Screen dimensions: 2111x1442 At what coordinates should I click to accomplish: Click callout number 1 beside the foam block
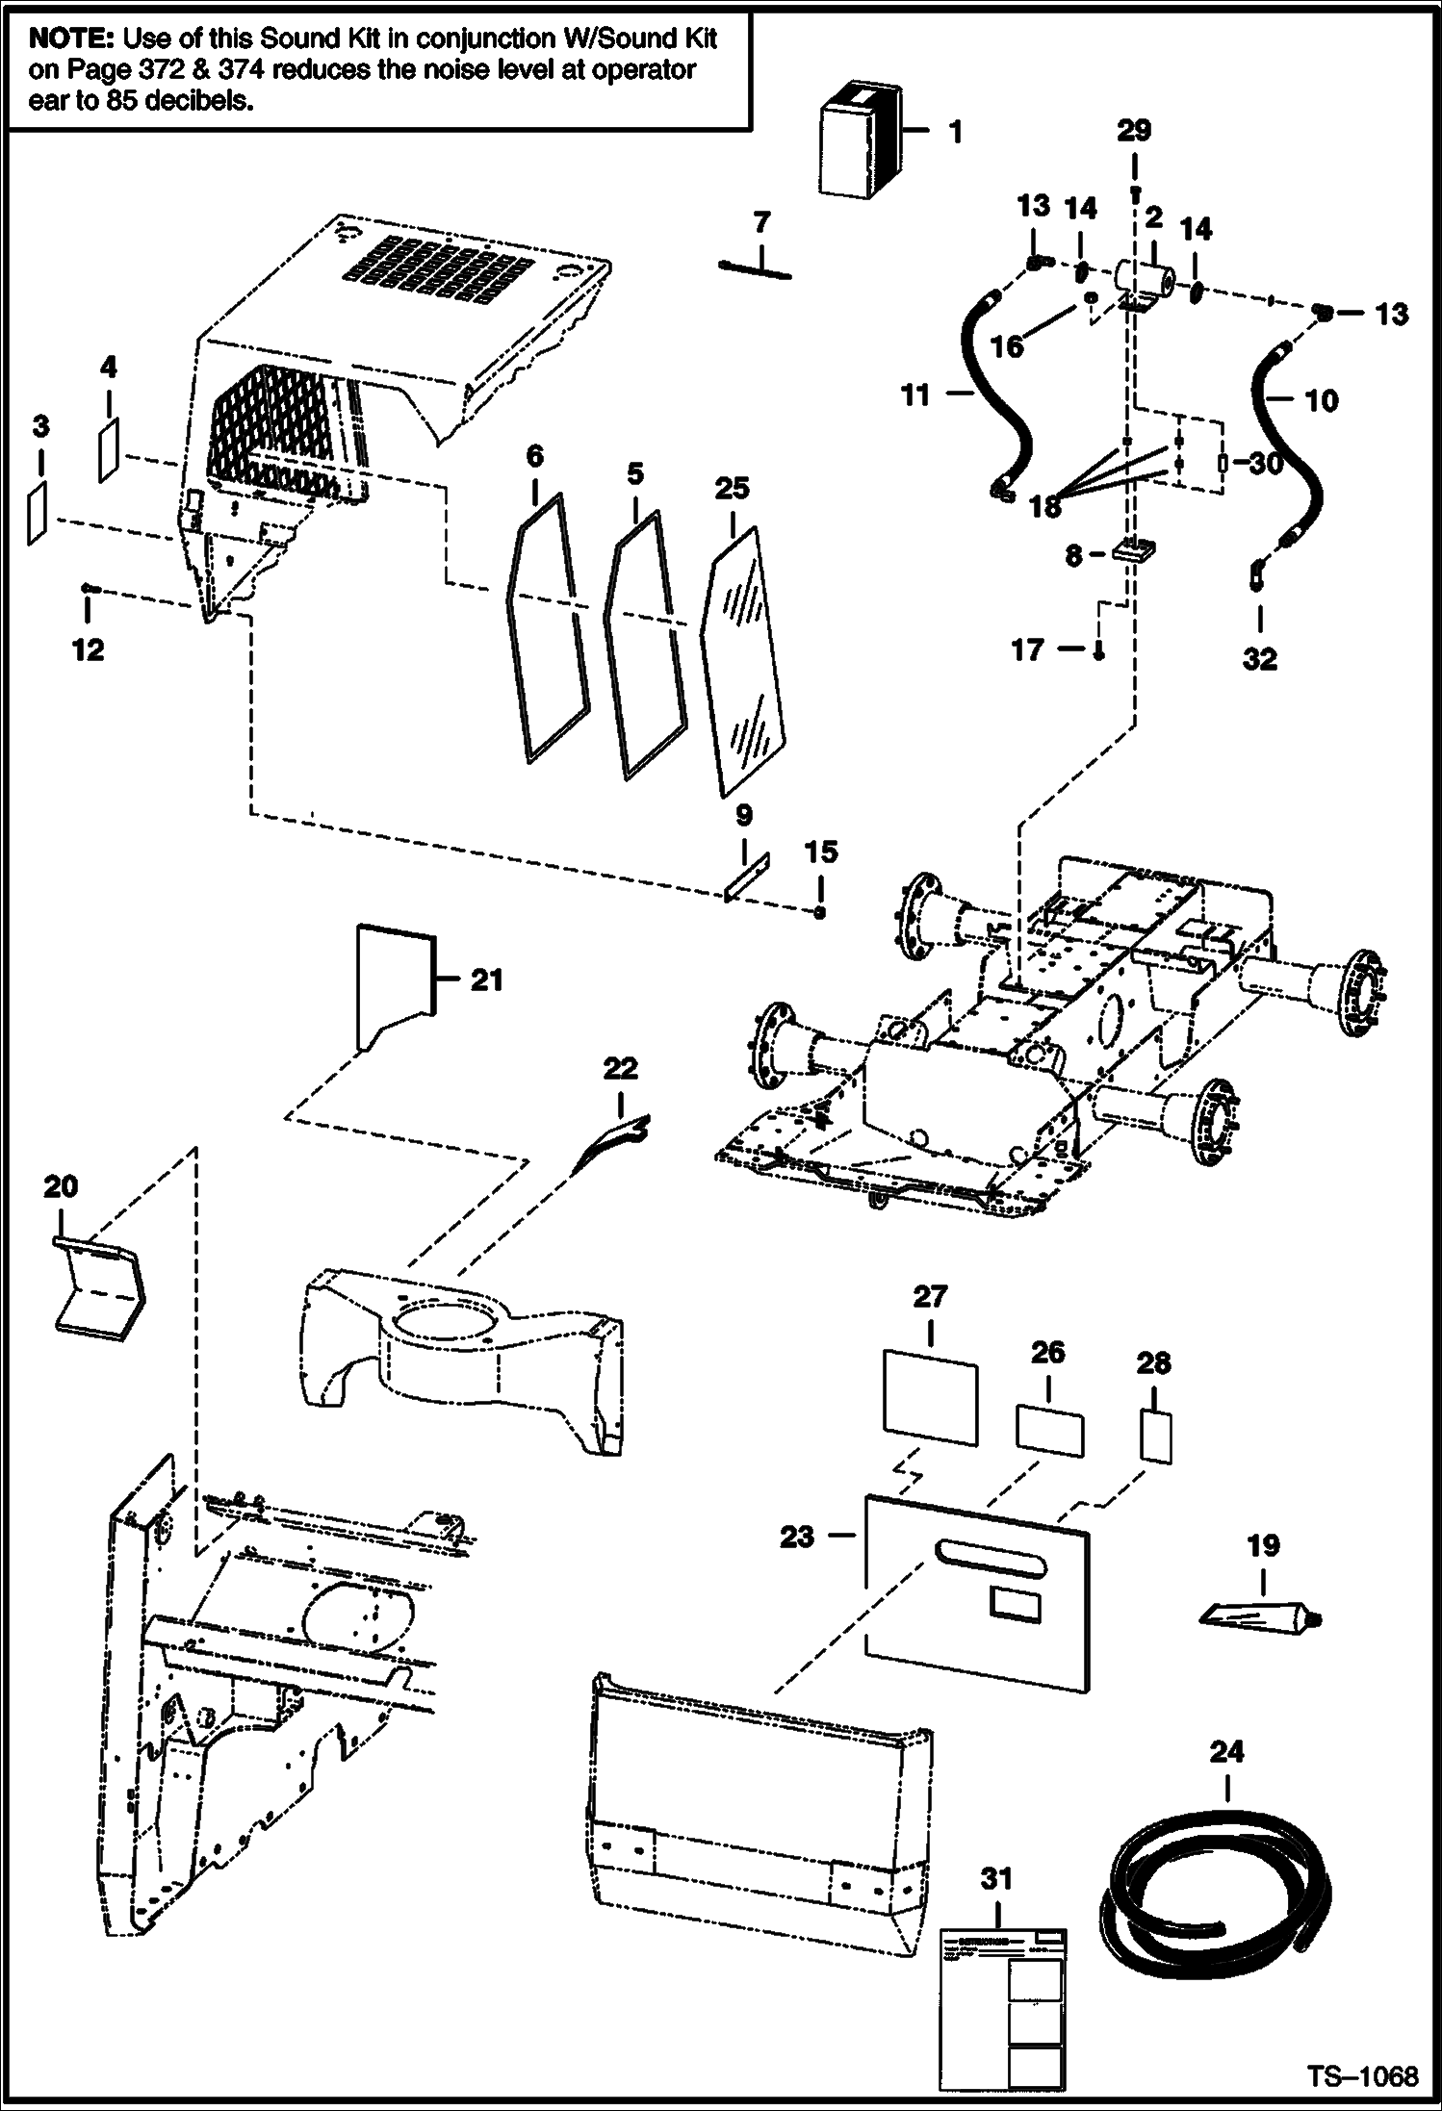tap(955, 131)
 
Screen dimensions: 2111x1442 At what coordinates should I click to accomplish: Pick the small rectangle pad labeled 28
tap(1156, 1437)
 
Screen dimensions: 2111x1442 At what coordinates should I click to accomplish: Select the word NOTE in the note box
tap(71, 39)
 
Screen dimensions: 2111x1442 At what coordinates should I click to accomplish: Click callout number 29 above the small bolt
tap(1134, 131)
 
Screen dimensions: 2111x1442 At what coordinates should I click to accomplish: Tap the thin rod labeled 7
tap(756, 268)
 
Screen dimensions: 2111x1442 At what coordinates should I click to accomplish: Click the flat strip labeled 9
tap(748, 877)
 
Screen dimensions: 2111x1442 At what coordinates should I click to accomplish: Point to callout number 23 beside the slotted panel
tap(797, 1537)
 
